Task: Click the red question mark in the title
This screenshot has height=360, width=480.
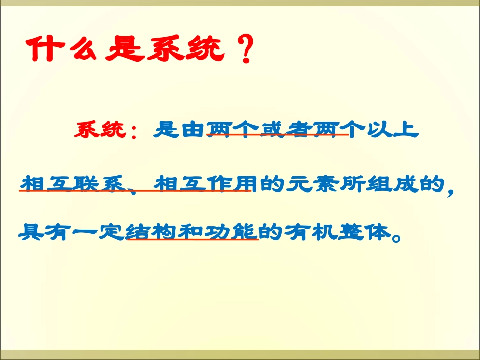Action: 245,50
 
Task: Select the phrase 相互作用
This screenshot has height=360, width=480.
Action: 205,184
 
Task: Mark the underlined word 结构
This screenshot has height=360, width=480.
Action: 149,232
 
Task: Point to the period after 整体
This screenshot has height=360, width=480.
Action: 396,237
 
